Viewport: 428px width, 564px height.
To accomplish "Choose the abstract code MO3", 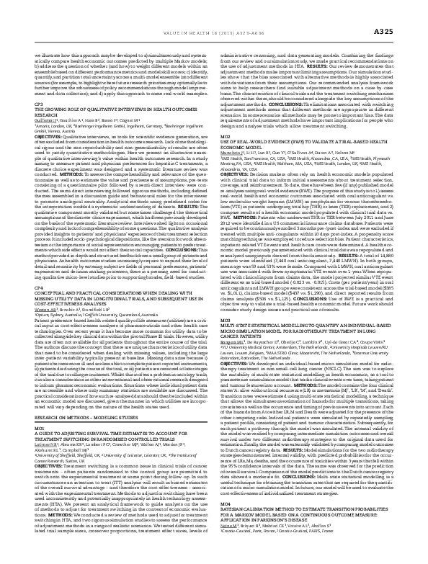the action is pyautogui.click(x=224, y=297).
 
